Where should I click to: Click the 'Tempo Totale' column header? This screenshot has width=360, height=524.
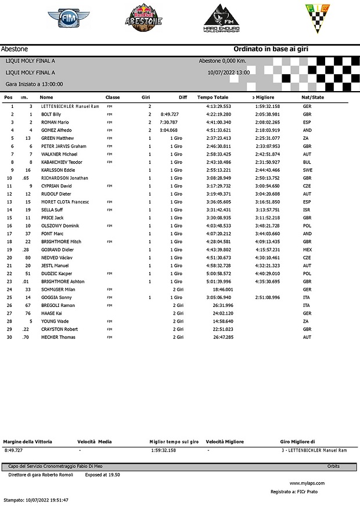(x=213, y=97)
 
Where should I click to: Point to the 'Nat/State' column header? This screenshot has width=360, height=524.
(x=314, y=97)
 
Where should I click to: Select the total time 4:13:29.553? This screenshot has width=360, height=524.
(x=218, y=107)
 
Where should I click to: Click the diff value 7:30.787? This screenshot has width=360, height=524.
(x=169, y=122)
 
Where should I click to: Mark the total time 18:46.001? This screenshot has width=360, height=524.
(x=223, y=289)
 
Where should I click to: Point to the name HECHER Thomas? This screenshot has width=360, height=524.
(x=58, y=337)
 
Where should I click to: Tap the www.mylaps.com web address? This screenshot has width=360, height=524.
(x=307, y=483)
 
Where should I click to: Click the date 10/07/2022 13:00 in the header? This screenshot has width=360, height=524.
(x=228, y=73)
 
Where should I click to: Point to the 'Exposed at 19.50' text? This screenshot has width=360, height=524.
(x=102, y=474)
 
